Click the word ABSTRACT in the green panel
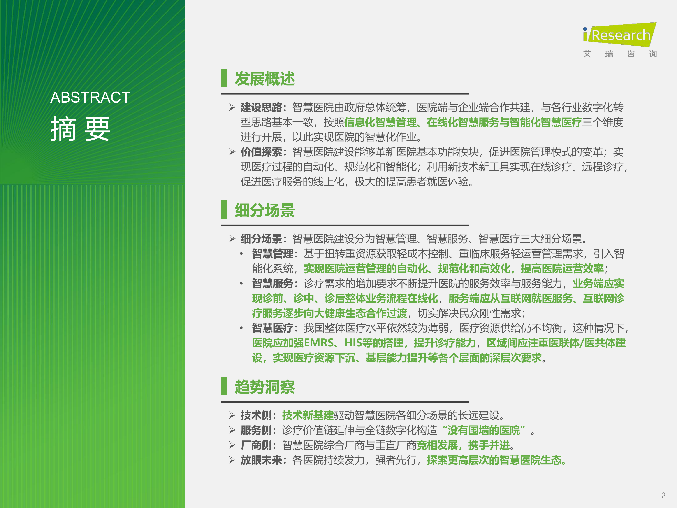[90, 97]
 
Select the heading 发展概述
[265, 79]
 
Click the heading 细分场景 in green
[265, 210]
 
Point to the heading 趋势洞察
[265, 387]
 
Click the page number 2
[663, 495]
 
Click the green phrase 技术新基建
[308, 415]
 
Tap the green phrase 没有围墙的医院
[484, 431]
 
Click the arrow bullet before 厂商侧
[232, 445]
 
